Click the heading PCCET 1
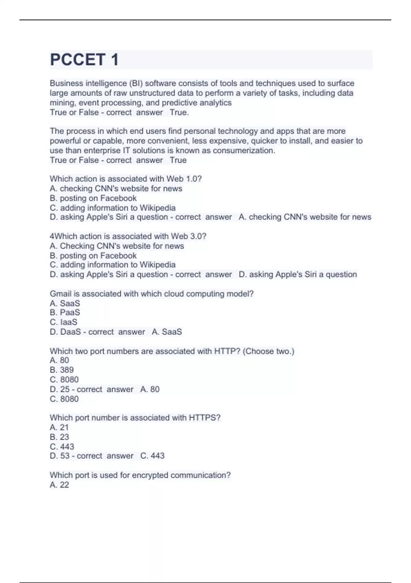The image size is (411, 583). click(84, 60)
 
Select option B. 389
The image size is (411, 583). click(62, 370)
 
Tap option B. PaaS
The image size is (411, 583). click(65, 312)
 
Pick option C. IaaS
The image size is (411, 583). click(63, 322)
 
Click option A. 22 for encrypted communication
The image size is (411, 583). click(59, 485)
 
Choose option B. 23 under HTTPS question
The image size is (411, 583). click(59, 437)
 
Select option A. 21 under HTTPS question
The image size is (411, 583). click(59, 427)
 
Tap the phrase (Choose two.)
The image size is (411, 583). click(268, 351)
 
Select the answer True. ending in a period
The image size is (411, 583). click(179, 112)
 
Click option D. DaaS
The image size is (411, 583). click(65, 332)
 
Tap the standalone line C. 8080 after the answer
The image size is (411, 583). click(64, 399)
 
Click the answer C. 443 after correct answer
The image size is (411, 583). click(152, 456)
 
